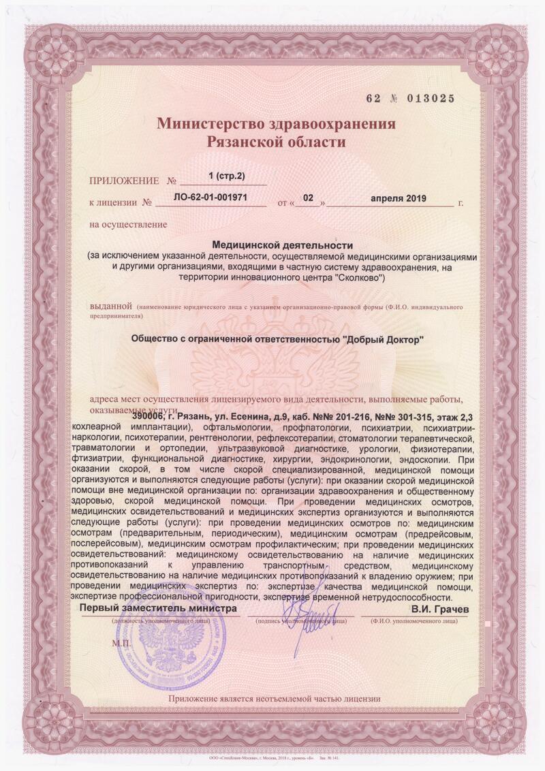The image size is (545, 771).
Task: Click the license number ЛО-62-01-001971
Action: pos(211,198)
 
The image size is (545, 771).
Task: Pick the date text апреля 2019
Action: pos(398,198)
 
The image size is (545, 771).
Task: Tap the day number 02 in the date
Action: pos(308,198)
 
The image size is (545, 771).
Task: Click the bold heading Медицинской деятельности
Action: pos(282,244)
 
